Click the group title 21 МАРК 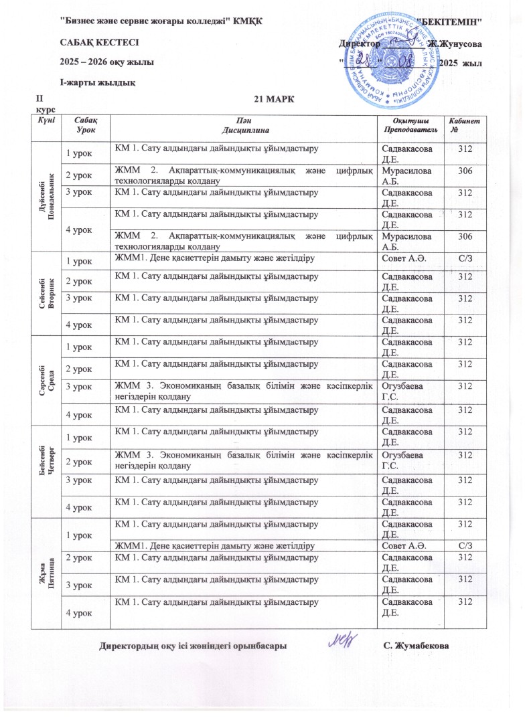point(275,100)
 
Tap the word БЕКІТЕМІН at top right point(450,21)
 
